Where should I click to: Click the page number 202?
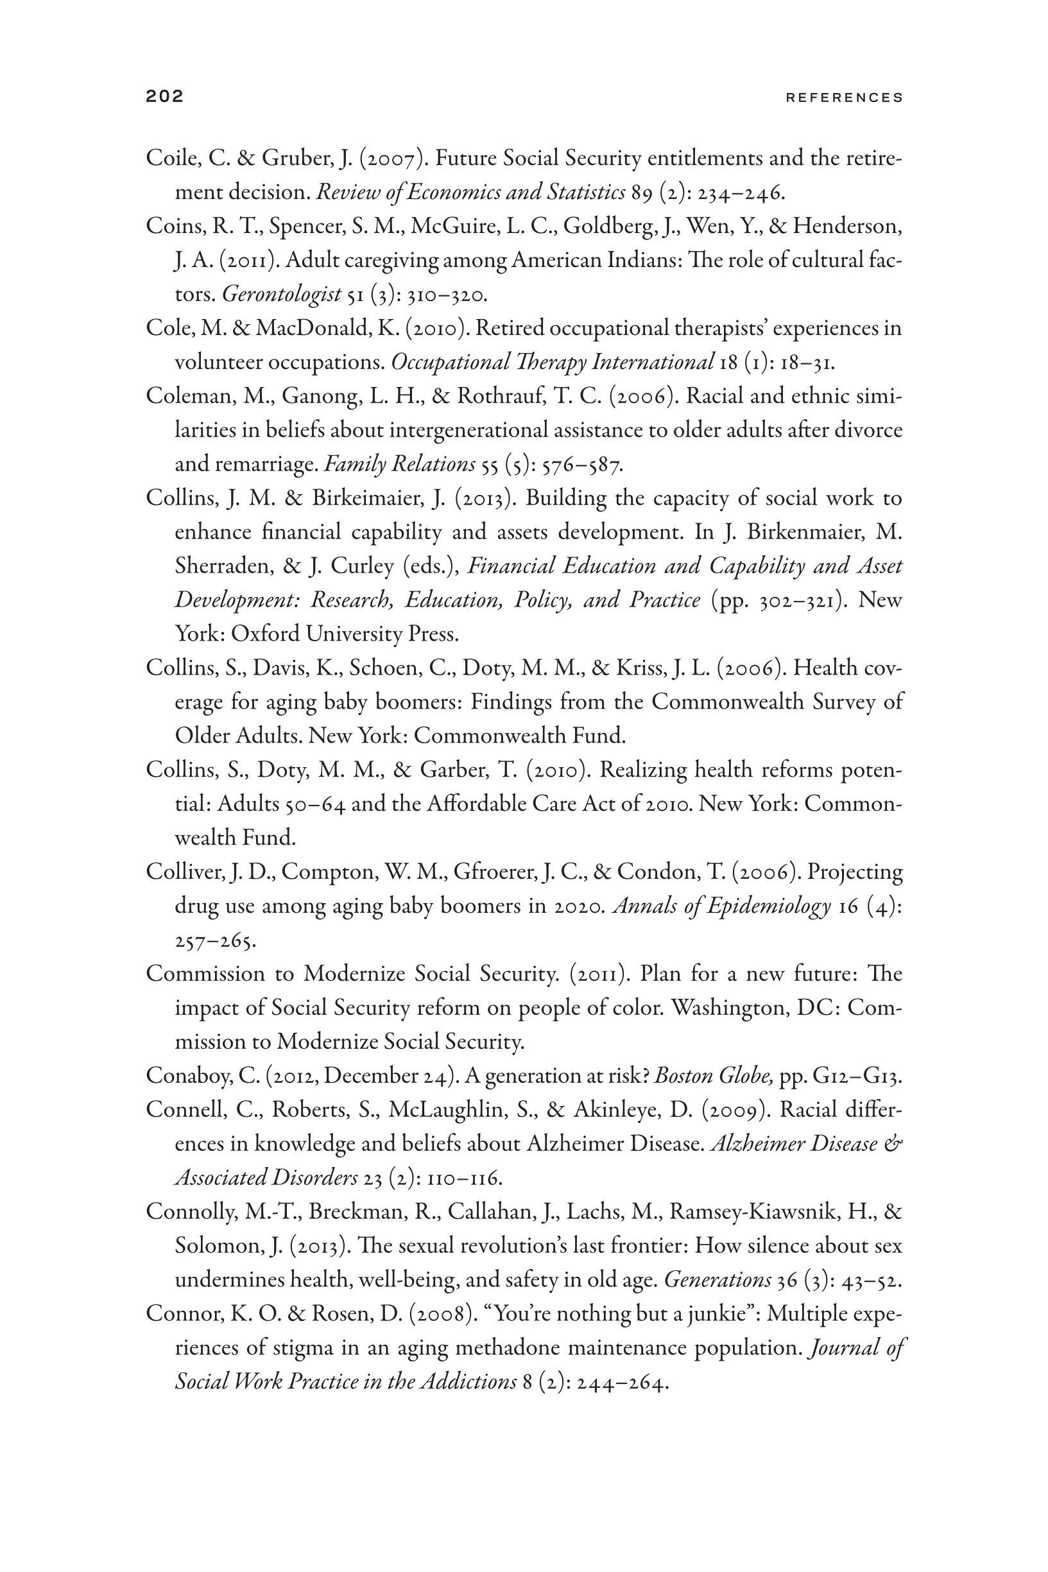tap(164, 97)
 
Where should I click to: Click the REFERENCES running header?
tap(844, 98)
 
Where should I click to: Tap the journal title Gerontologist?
tap(281, 294)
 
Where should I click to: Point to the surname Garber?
tap(453, 770)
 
